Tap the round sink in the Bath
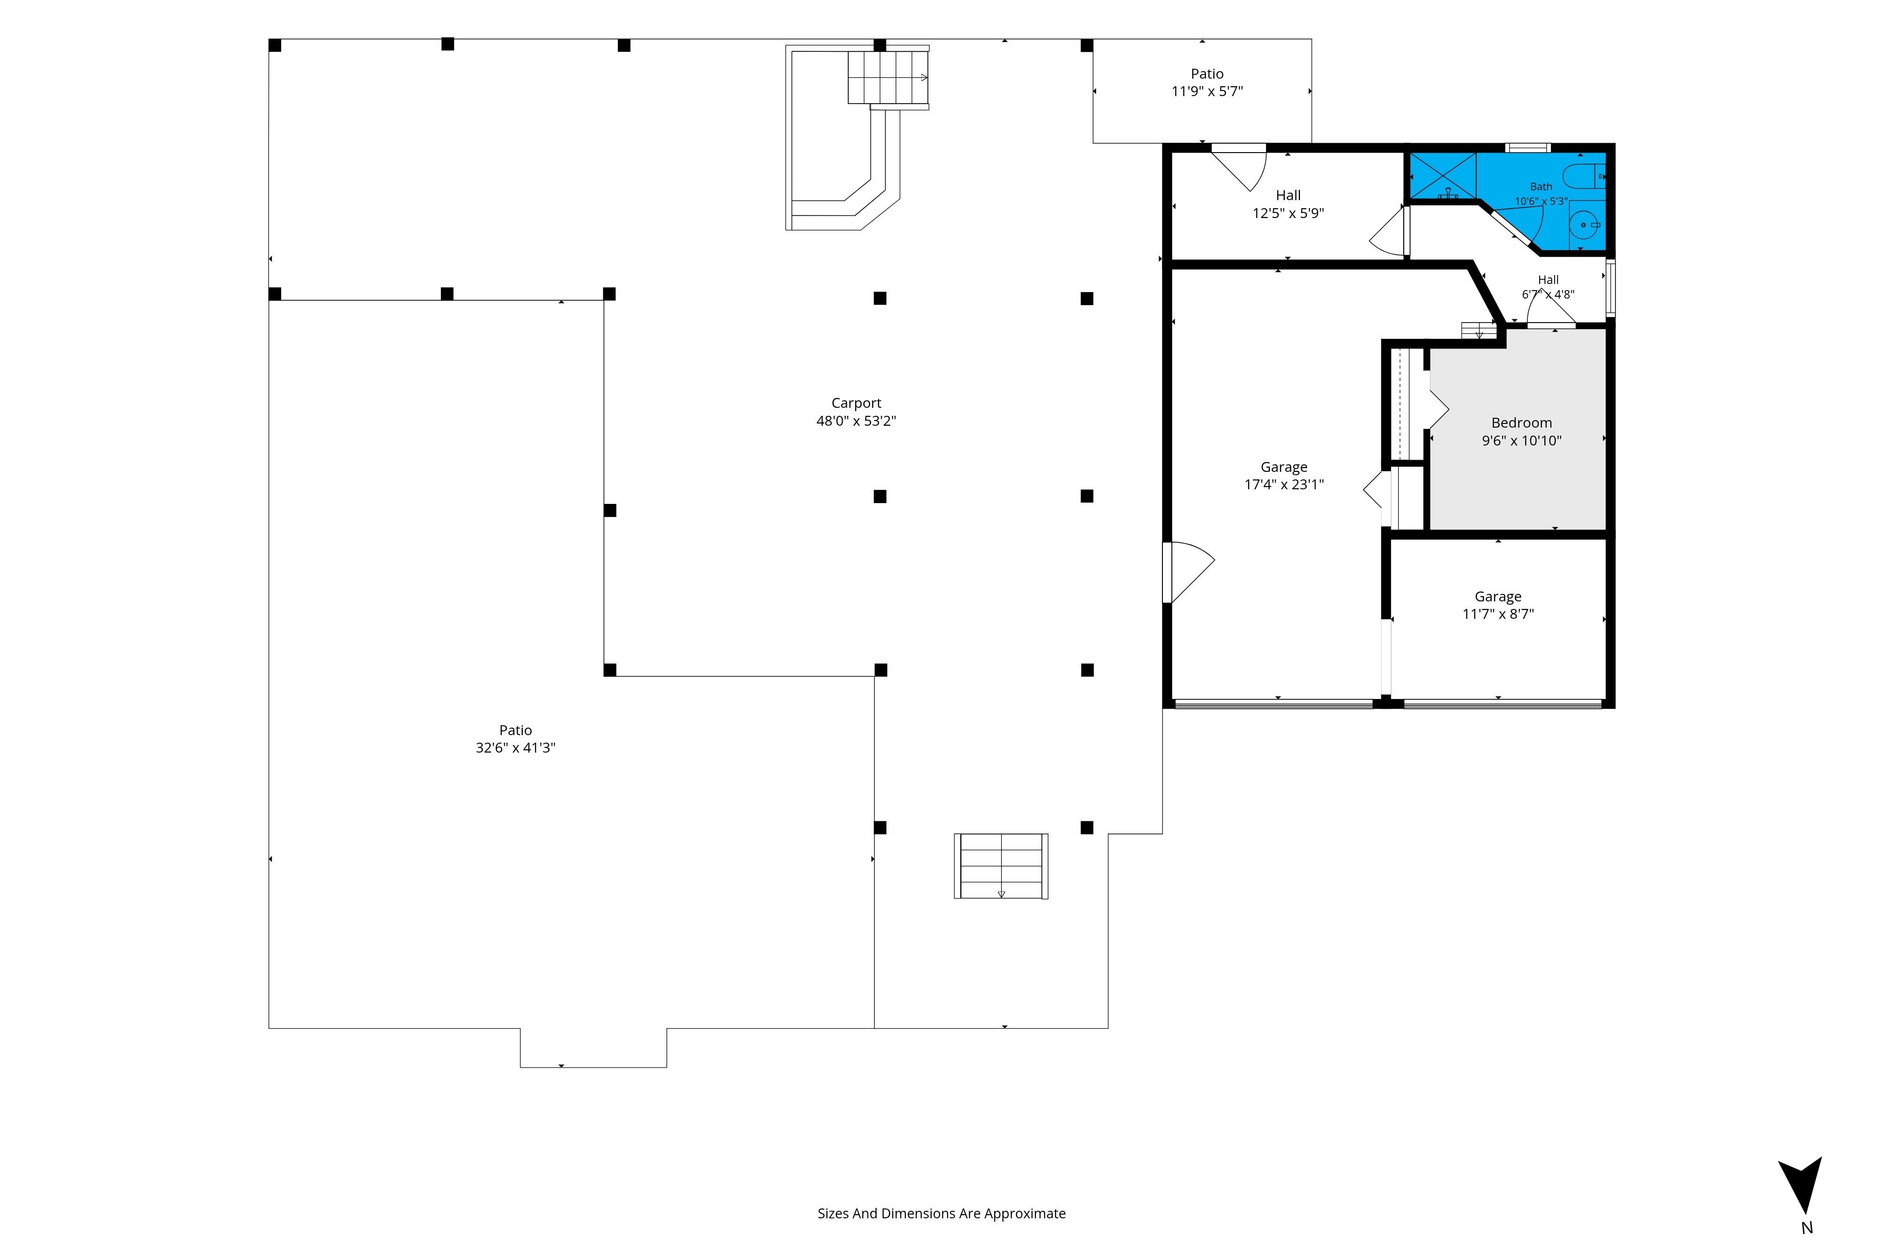click(1584, 225)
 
